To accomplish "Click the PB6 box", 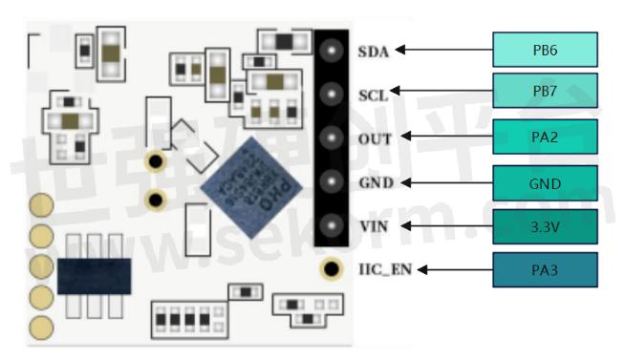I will tap(545, 50).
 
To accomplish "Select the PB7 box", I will tap(545, 92).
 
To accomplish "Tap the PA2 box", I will tap(545, 137).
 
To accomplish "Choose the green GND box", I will tap(545, 182).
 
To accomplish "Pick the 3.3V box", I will tap(545, 226).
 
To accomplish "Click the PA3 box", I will tap(545, 269).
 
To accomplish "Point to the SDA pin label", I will tap(374, 51).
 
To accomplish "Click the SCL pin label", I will tap(373, 95).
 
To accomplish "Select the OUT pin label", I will tap(375, 138).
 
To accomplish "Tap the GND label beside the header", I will tap(376, 182).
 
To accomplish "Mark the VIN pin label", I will tap(374, 226).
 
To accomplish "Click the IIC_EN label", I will tap(384, 270).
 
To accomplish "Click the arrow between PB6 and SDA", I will tap(443, 50).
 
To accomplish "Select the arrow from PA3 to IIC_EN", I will tap(453, 269).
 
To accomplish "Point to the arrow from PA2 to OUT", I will tap(443, 138).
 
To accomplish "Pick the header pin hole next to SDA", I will tap(332, 51).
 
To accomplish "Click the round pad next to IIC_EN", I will tap(332, 270).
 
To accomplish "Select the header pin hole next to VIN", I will tap(332, 226).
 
